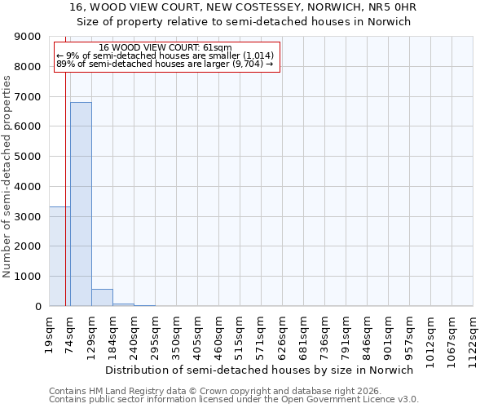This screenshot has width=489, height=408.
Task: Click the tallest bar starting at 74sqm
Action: click(x=81, y=204)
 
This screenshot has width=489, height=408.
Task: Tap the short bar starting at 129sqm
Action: click(x=102, y=298)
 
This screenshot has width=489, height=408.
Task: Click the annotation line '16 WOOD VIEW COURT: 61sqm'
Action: click(x=165, y=47)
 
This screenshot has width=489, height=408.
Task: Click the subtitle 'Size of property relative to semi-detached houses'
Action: click(x=244, y=22)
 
